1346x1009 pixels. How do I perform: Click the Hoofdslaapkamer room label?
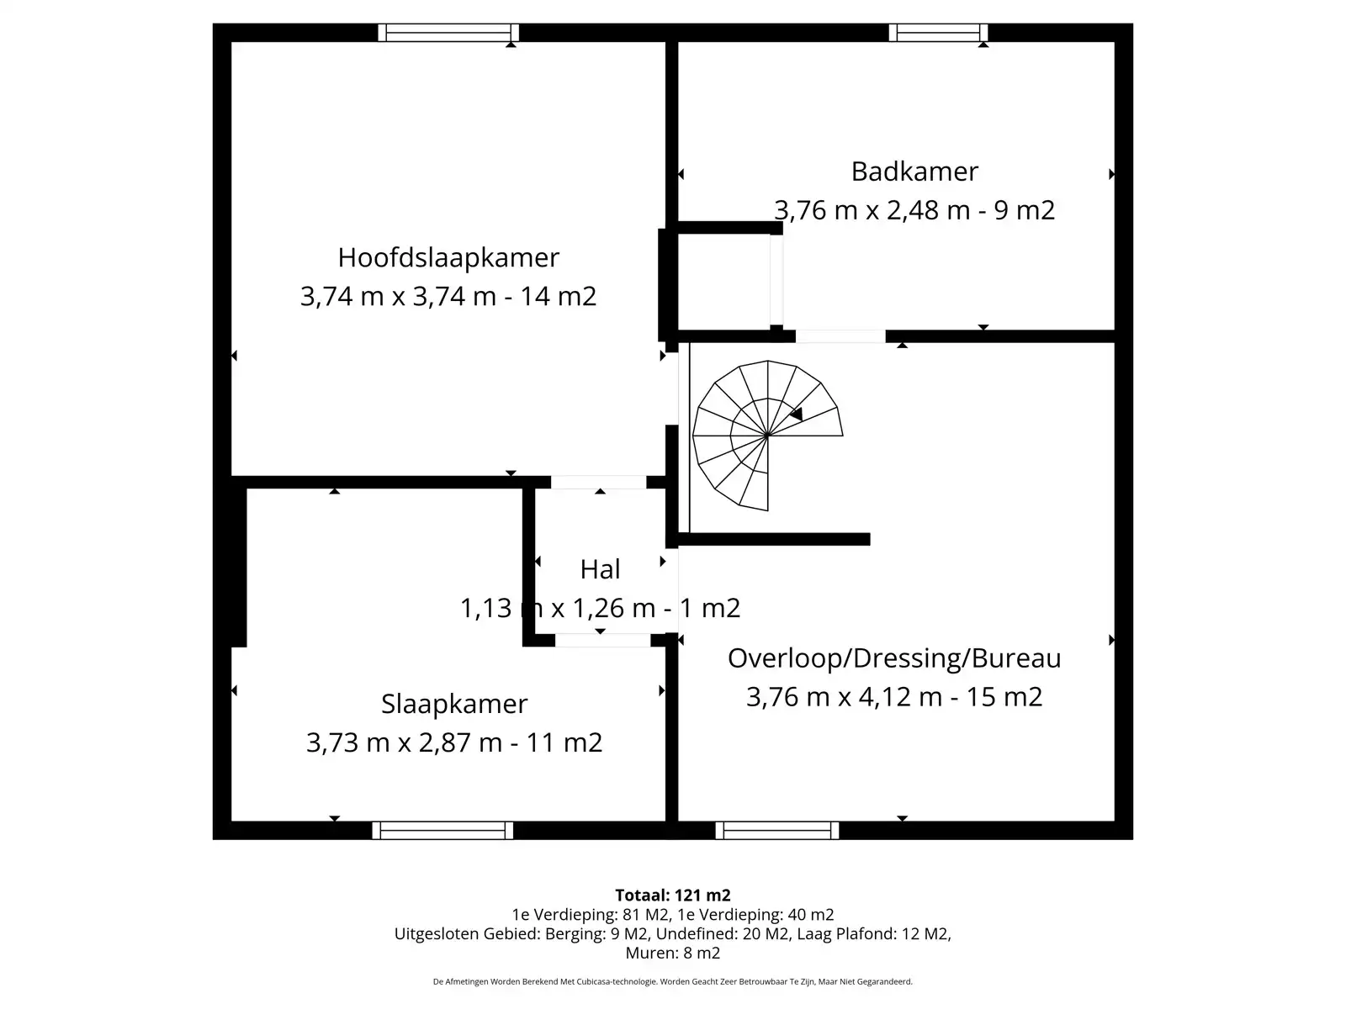[448, 257]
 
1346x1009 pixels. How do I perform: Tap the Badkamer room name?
[914, 172]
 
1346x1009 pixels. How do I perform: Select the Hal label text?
[600, 569]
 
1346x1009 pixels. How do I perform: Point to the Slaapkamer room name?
[454, 704]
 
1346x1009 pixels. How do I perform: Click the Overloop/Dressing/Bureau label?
[894, 658]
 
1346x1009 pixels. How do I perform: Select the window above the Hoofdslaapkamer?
[448, 33]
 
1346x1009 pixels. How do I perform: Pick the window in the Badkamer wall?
[938, 33]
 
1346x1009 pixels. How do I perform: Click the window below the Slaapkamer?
[442, 831]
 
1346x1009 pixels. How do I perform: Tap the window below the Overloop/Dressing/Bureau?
[776, 831]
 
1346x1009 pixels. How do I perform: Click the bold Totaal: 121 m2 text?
[672, 895]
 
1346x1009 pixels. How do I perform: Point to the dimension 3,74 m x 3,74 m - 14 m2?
[448, 297]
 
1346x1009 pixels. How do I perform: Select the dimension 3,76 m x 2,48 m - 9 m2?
[914, 210]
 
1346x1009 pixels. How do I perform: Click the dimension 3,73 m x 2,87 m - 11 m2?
[454, 742]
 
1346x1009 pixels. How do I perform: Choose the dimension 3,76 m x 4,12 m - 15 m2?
[894, 697]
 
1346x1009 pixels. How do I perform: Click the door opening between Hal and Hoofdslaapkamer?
[598, 483]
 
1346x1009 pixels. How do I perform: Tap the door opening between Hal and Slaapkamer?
[602, 640]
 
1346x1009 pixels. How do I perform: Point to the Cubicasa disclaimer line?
[672, 981]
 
